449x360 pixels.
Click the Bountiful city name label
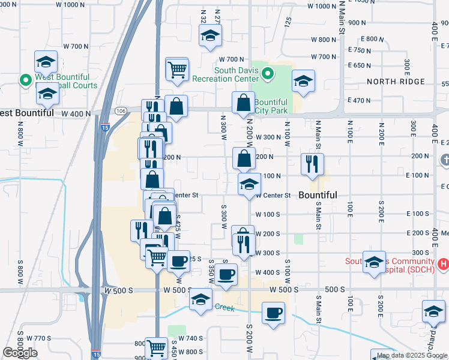pos(318,196)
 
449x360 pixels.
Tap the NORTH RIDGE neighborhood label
pos(396,82)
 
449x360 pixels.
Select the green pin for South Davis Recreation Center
pos(268,75)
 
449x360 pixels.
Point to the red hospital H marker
pos(443,263)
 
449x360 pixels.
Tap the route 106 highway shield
pos(121,111)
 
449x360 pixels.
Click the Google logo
pos(20,353)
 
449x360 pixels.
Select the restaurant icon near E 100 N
pos(312,164)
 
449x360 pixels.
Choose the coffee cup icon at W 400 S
pos(226,275)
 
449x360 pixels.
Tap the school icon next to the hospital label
pos(374,262)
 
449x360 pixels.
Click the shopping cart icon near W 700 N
pos(177,69)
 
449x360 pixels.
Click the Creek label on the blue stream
pos(225,307)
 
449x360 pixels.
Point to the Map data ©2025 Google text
pos(411,355)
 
